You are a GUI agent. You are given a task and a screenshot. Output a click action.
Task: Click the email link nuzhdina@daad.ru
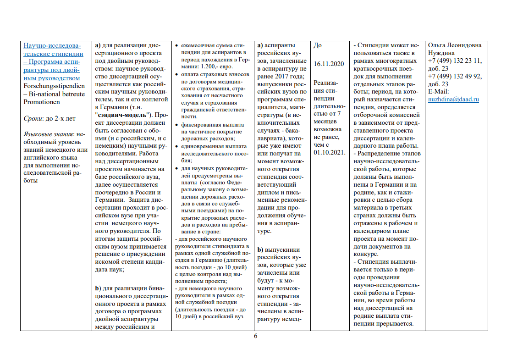click(453, 99)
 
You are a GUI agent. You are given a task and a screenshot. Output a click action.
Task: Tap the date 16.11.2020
click(329, 63)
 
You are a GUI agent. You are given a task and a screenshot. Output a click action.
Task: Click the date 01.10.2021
click(330, 152)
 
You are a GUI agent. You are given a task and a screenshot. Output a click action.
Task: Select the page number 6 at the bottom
click(256, 336)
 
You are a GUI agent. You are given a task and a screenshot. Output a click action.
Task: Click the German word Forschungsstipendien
click(54, 85)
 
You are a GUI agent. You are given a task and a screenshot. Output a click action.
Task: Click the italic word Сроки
click(33, 119)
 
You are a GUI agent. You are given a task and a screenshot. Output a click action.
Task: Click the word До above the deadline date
click(318, 45)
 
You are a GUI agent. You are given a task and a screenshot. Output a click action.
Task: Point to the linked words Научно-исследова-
click(52, 46)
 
